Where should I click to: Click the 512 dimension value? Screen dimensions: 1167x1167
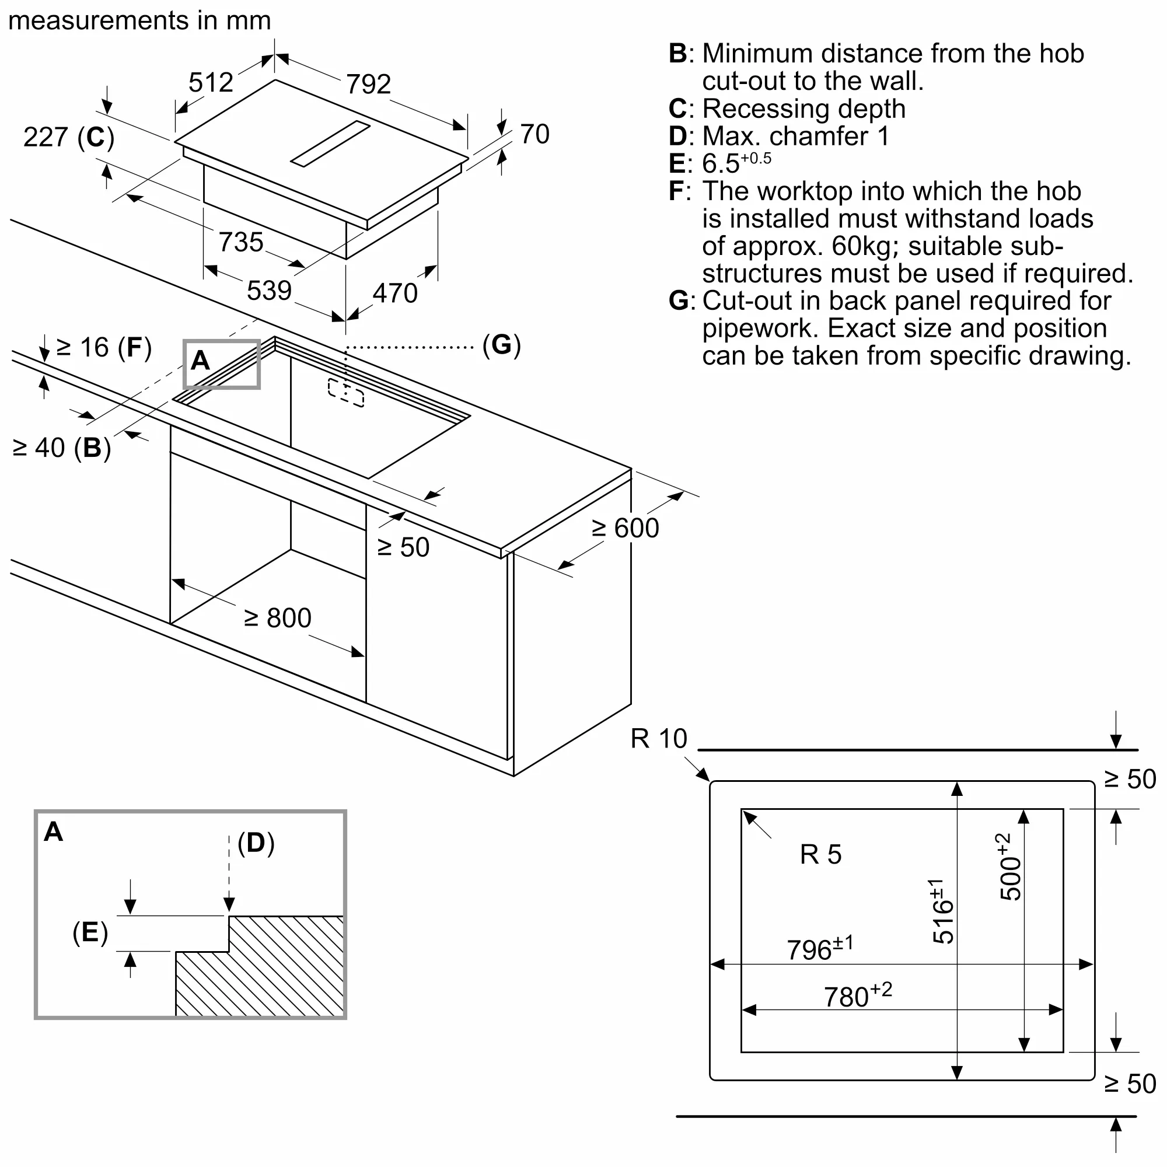pyautogui.click(x=211, y=82)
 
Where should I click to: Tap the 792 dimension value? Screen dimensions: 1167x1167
pyautogui.click(x=368, y=84)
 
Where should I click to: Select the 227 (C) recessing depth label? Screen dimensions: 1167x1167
pyautogui.click(x=69, y=137)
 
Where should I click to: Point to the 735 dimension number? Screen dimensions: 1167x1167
pyautogui.click(x=241, y=242)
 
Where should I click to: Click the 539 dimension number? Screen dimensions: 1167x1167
pyautogui.click(x=270, y=291)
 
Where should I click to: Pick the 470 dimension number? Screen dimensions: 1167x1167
pyautogui.click(x=395, y=293)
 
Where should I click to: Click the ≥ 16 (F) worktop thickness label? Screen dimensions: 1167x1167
pyautogui.click(x=104, y=348)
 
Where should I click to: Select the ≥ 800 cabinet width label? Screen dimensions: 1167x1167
pyautogui.click(x=278, y=618)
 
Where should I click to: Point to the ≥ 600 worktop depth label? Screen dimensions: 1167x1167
pyautogui.click(x=626, y=528)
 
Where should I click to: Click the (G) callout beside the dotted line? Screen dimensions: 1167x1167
pyautogui.click(x=501, y=345)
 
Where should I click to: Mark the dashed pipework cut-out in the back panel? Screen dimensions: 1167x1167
pyautogui.click(x=346, y=393)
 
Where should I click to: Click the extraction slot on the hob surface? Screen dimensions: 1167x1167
pyautogui.click(x=330, y=143)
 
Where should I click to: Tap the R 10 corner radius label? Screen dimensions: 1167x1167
pyautogui.click(x=659, y=739)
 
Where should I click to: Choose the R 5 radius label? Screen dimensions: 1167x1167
pyautogui.click(x=820, y=855)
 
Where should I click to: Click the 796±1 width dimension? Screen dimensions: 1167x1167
pyautogui.click(x=820, y=948)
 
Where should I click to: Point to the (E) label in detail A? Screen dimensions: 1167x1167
pyautogui.click(x=90, y=932)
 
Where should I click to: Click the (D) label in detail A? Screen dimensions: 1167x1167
pyautogui.click(x=256, y=843)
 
